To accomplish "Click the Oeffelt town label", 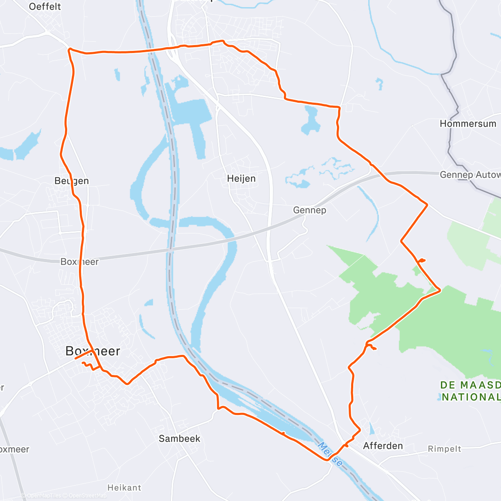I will [45, 7].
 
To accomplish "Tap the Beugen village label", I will [71, 181].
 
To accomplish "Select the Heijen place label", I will [241, 179].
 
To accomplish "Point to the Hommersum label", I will [468, 124].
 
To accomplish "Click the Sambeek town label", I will [180, 439].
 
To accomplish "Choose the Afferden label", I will [383, 446].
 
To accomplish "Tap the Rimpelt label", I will [445, 449].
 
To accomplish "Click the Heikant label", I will [124, 488].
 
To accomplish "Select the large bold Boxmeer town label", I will [93, 351].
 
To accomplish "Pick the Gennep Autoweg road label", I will [470, 175].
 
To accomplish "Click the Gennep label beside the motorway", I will [309, 210].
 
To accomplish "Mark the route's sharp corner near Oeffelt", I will [69, 49].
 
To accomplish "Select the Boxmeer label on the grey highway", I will [79, 262].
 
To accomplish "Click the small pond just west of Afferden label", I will [372, 428].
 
